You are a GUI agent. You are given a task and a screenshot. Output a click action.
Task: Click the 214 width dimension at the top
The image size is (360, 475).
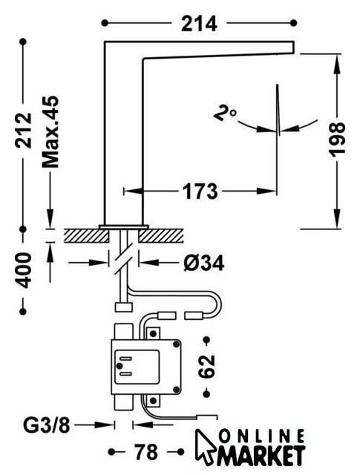pyautogui.click(x=199, y=24)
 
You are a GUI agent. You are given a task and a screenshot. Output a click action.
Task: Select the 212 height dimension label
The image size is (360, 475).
pyautogui.click(x=24, y=131)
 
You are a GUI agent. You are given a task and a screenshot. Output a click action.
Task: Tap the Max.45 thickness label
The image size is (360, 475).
pyautogui.click(x=50, y=132)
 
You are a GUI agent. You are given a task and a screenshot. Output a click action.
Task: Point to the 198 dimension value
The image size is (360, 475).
pyautogui.click(x=337, y=140)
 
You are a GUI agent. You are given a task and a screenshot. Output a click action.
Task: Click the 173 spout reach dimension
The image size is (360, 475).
pyautogui.click(x=200, y=191)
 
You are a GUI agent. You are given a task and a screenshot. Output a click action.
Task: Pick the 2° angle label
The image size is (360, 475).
pyautogui.click(x=225, y=113)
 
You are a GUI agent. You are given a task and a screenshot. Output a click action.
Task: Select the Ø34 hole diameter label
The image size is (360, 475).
pyautogui.click(x=204, y=263)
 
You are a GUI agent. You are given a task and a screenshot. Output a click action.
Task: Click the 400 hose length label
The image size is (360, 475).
pyautogui.click(x=24, y=270)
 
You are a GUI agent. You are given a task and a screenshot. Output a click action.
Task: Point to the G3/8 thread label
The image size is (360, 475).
pyautogui.click(x=47, y=425)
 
